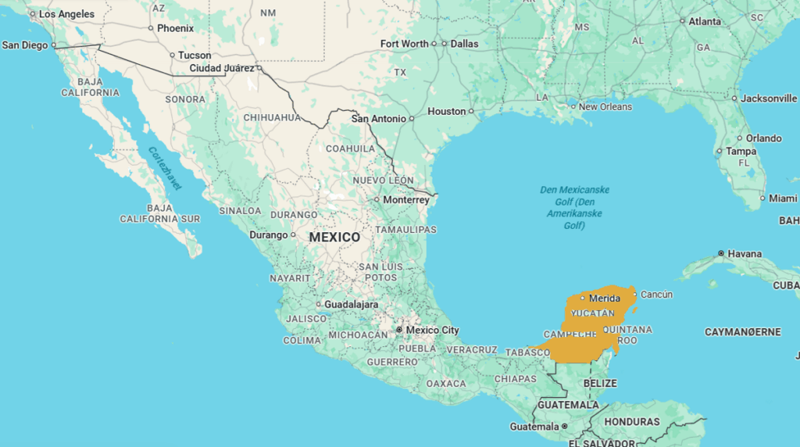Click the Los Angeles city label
click(66, 14)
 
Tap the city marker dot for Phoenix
click(151, 28)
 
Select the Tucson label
click(194, 55)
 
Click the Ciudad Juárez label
click(222, 68)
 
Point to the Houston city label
click(446, 112)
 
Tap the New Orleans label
click(605, 106)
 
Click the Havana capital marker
click(720, 254)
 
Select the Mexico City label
click(432, 330)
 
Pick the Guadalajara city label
click(352, 304)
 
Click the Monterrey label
click(405, 200)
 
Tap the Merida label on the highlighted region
click(604, 299)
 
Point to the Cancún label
click(656, 295)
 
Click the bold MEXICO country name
click(334, 237)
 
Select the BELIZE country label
click(600, 384)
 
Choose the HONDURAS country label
click(631, 422)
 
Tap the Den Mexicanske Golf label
click(574, 207)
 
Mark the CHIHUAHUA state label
click(271, 117)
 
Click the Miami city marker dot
click(763, 198)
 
